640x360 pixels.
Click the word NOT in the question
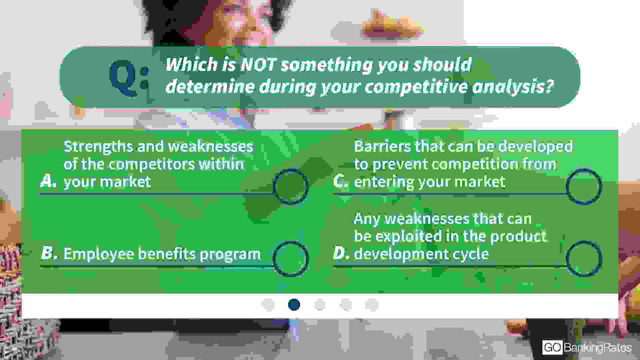pyautogui.click(x=258, y=64)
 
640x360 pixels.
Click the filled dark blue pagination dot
pyautogui.click(x=294, y=304)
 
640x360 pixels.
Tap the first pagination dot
pyautogui.click(x=268, y=304)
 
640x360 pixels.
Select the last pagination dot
pyautogui.click(x=372, y=304)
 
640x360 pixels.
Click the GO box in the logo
pyautogui.click(x=552, y=348)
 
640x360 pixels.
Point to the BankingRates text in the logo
pyautogui.click(x=598, y=348)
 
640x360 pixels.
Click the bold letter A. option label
pyautogui.click(x=48, y=181)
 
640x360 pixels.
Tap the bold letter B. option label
pyautogui.click(x=49, y=253)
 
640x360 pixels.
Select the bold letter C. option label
pyautogui.click(x=341, y=181)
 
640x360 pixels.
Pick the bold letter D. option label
pyautogui.click(x=341, y=253)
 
